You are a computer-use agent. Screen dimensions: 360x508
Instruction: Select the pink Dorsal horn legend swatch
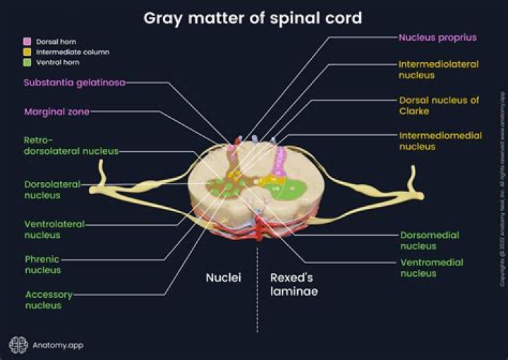(x=26, y=42)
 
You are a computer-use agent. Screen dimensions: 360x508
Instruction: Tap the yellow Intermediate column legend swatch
(x=26, y=52)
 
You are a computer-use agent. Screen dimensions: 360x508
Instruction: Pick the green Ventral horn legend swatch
(x=26, y=63)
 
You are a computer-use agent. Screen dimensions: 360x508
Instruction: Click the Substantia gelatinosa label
(x=74, y=83)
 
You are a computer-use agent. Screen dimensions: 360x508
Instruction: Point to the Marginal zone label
(x=56, y=112)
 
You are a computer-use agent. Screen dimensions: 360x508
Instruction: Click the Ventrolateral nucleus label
(x=54, y=229)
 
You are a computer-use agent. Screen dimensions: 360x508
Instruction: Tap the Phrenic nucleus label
(x=43, y=264)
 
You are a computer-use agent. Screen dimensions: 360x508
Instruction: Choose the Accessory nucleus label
(x=48, y=300)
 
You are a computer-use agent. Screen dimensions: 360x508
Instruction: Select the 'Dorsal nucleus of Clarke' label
(x=439, y=105)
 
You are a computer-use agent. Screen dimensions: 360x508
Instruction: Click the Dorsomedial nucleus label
(x=429, y=240)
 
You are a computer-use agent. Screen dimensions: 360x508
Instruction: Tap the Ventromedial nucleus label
(x=431, y=268)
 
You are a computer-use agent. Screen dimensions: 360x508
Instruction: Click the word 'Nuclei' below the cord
(x=223, y=277)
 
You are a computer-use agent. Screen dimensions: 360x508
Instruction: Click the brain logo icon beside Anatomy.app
(x=18, y=345)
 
